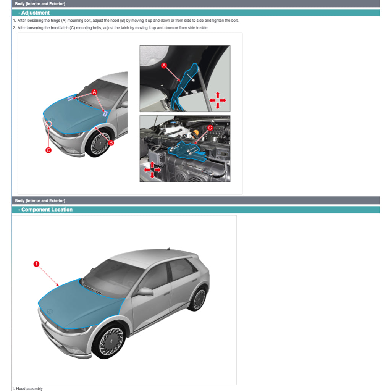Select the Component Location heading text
coord(47,210)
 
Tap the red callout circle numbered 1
coord(36,264)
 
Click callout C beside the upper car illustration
coord(48,150)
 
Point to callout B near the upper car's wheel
coord(111,143)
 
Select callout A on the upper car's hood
coord(94,92)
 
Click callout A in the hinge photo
coord(164,66)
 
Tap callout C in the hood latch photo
coord(210,128)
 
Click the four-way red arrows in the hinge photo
coord(217,100)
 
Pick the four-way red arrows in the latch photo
coord(152,170)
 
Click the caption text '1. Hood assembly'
coord(29,388)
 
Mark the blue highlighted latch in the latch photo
coord(187,151)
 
